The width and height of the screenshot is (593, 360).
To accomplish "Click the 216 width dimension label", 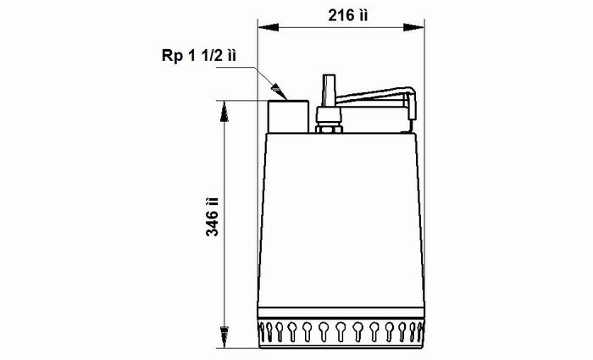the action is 347,15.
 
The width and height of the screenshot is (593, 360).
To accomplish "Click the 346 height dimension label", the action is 212,217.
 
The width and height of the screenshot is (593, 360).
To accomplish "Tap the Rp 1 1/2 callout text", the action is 199,56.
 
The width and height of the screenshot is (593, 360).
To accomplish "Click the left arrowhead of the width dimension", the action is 269,27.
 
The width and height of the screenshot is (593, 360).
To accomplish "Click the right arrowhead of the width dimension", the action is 413,27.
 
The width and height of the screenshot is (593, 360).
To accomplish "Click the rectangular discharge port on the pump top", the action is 288,117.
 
